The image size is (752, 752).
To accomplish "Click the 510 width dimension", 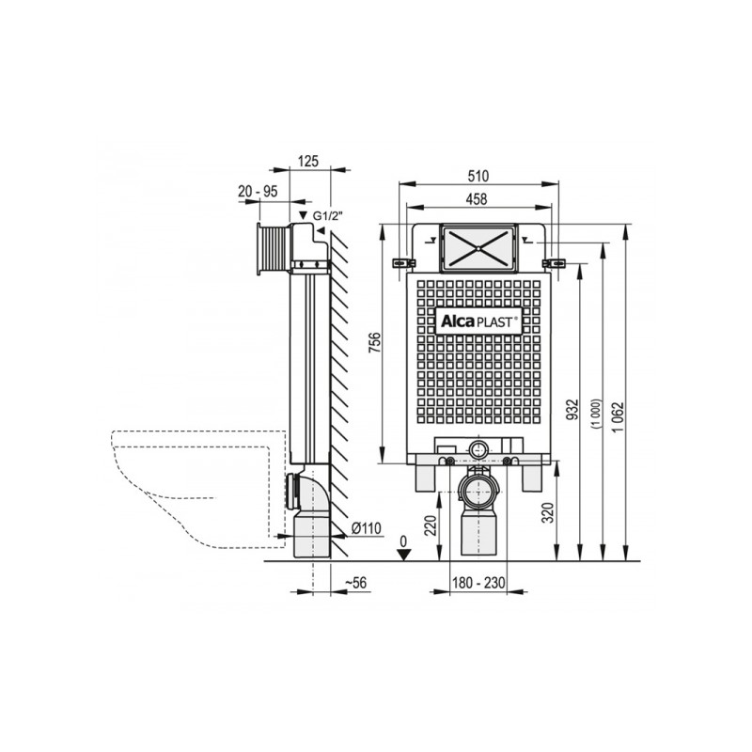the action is pyautogui.click(x=478, y=176).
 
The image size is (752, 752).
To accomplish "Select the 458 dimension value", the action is pyautogui.click(x=477, y=199).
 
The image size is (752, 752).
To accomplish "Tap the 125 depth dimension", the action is pyautogui.click(x=308, y=161).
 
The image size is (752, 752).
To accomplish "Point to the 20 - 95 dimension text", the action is pyautogui.click(x=258, y=192).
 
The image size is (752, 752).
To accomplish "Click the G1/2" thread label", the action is pyautogui.click(x=328, y=216).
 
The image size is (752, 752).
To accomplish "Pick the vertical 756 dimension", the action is pyautogui.click(x=374, y=343).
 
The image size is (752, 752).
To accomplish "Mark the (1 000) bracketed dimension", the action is pyautogui.click(x=595, y=413).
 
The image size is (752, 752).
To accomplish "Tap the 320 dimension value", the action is pyautogui.click(x=550, y=512).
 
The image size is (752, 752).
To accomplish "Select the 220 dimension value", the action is pyautogui.click(x=431, y=525).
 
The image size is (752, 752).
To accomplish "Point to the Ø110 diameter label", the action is pyautogui.click(x=367, y=528).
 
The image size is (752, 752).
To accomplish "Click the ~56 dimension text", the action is pyautogui.click(x=355, y=583).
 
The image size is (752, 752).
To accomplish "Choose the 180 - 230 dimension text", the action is pyautogui.click(x=478, y=583).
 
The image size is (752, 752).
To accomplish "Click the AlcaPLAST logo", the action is pyautogui.click(x=478, y=321).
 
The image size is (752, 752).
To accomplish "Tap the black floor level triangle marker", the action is pyautogui.click(x=405, y=555).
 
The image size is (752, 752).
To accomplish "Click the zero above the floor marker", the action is pyautogui.click(x=403, y=541).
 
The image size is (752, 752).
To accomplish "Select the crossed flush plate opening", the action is pyautogui.click(x=479, y=248).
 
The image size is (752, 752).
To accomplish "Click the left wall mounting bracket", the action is pyautogui.click(x=404, y=263).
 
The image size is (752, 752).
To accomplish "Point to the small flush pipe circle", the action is pyautogui.click(x=478, y=450).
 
